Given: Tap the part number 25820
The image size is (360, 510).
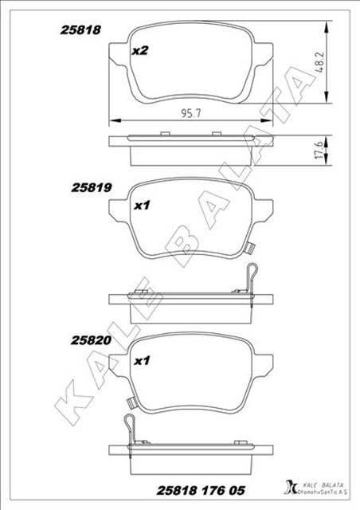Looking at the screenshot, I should pos(90,340).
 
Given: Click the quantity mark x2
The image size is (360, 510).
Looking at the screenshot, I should pos(140,51).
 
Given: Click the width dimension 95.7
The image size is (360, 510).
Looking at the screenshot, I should pos(190,112).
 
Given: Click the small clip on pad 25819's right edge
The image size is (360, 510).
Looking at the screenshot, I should pos(248,245).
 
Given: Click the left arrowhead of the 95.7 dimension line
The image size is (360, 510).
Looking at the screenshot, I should pos(112,120).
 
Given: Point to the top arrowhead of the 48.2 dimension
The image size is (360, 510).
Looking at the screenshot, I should pos(326,25).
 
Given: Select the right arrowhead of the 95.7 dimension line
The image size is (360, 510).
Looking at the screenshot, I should pos(270,120).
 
